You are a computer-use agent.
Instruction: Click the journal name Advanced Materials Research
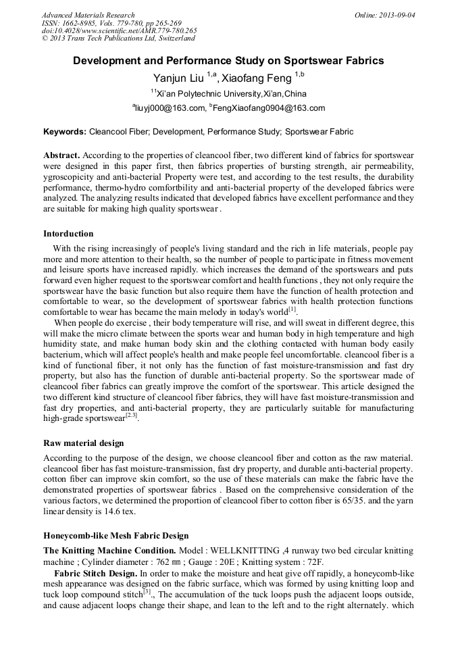click(x=88, y=15)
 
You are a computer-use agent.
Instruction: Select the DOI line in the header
click(x=119, y=30)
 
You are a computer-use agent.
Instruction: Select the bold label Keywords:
click(x=65, y=132)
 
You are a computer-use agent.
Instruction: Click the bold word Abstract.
click(x=61, y=155)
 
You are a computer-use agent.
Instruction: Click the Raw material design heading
click(x=83, y=443)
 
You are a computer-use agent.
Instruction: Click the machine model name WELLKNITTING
click(x=249, y=551)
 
